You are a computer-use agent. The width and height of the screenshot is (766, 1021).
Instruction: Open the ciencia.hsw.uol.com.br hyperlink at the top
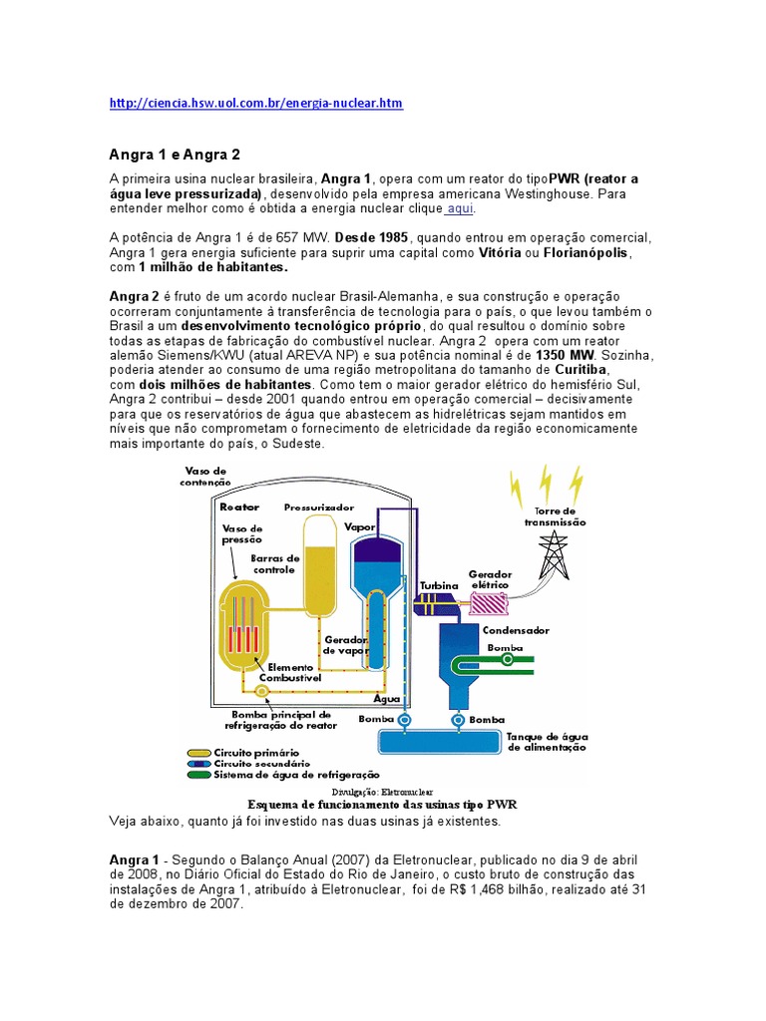(x=255, y=103)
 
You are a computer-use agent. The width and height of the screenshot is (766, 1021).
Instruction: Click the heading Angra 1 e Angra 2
(x=174, y=155)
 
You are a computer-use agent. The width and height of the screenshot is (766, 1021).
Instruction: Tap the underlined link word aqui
(x=460, y=208)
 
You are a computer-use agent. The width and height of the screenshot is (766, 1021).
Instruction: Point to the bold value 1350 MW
(x=566, y=355)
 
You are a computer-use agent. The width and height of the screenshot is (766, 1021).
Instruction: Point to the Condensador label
(x=516, y=631)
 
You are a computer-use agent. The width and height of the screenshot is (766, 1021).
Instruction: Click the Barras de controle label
(x=274, y=564)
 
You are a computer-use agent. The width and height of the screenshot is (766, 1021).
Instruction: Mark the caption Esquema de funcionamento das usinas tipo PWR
(x=382, y=804)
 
